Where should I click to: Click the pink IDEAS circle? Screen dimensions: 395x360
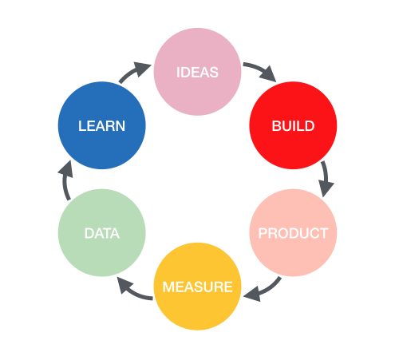coord(197,72)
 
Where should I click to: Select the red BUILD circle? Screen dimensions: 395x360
coord(293,125)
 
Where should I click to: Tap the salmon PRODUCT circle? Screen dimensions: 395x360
coord(293,233)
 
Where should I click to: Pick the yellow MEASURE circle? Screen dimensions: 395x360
coord(197,287)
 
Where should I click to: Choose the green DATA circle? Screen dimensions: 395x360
coord(102,233)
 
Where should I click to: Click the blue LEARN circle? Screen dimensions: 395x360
coord(102,125)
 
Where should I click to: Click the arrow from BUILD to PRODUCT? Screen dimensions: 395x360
coord(326,177)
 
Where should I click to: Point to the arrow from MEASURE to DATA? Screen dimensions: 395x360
coord(132,291)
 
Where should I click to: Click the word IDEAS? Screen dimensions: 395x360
coord(197,73)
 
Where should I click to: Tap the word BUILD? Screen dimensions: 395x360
coord(293,126)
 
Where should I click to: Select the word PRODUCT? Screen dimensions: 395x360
coord(293,233)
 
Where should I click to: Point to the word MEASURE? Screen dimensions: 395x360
coord(197,287)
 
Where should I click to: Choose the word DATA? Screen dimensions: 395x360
coord(102,233)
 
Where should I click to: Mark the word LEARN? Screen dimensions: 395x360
coord(102,126)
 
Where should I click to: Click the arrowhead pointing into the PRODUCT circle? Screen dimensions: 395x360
coord(326,188)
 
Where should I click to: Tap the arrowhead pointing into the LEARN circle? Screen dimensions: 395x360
coord(66,168)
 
